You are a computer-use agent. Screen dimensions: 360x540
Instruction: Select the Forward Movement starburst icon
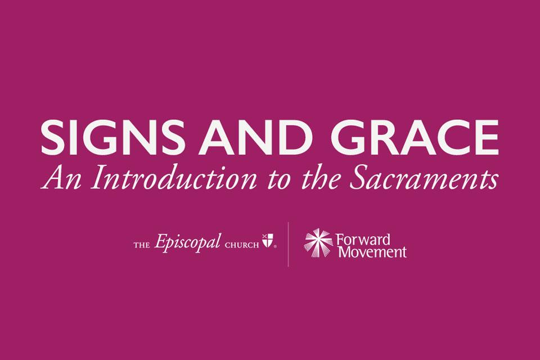318,242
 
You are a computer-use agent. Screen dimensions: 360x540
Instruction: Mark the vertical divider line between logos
289,244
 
